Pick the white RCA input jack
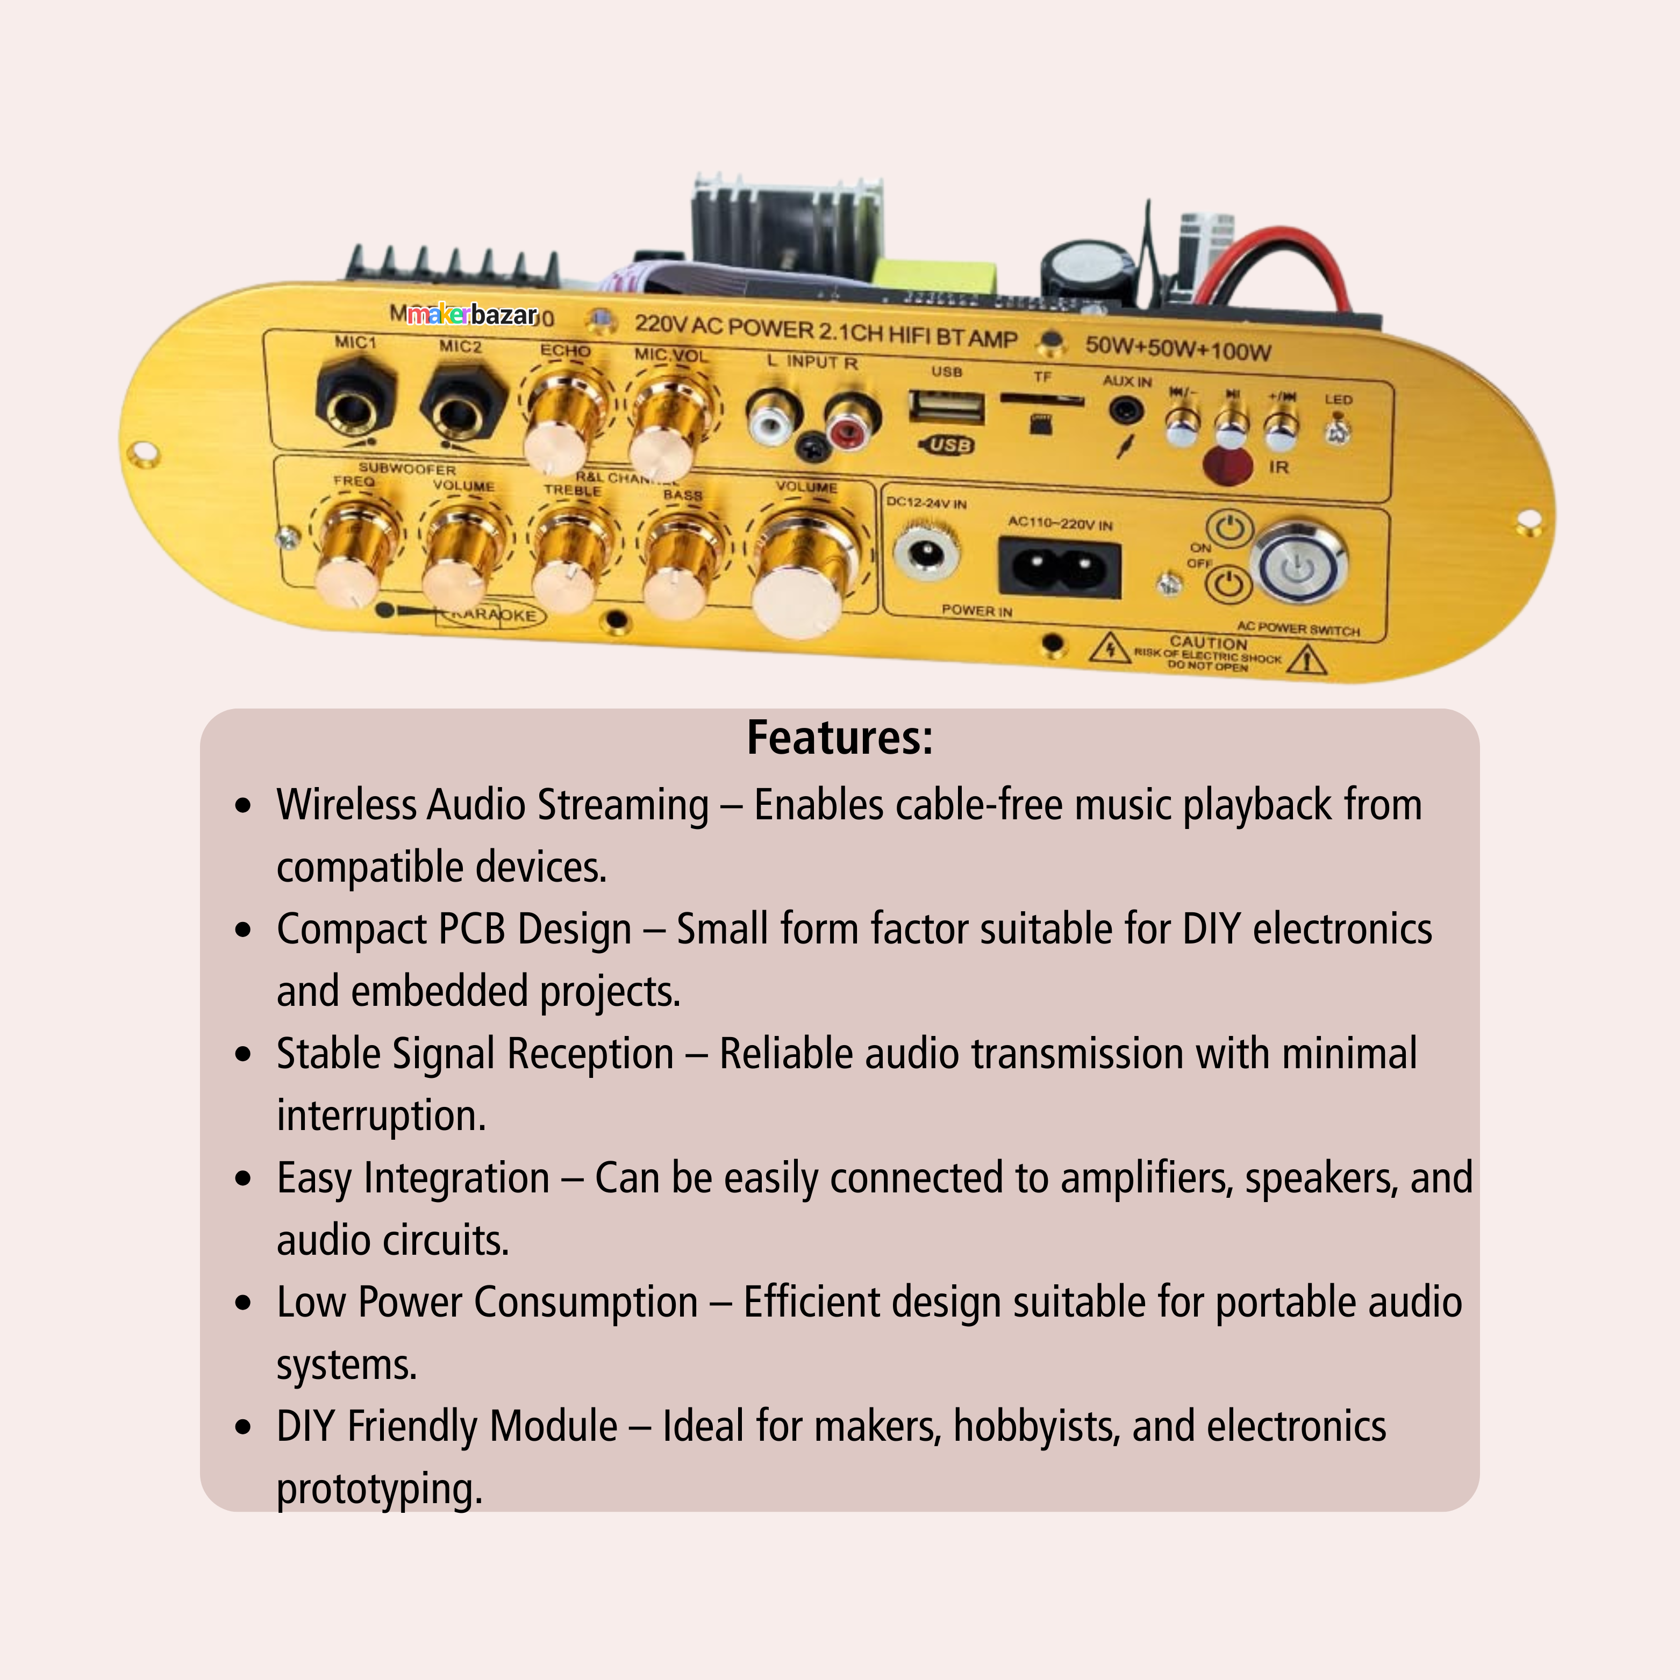(771, 417)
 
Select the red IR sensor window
(1227, 464)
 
